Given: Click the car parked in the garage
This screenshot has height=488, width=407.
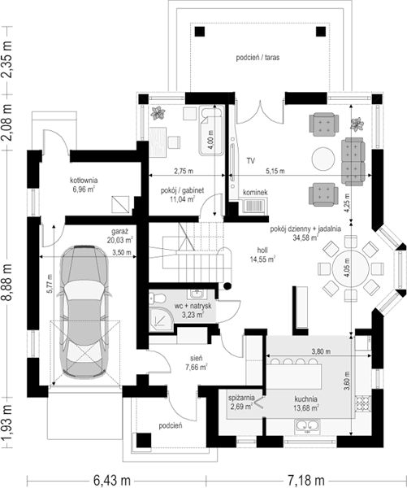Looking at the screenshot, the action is click(x=84, y=312).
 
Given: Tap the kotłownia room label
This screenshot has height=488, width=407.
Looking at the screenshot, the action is click(x=84, y=185).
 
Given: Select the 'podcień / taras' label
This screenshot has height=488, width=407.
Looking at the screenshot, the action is click(x=258, y=57).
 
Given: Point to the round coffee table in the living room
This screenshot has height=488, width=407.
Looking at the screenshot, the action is click(x=323, y=159).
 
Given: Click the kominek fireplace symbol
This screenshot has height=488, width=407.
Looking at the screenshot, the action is click(x=254, y=206).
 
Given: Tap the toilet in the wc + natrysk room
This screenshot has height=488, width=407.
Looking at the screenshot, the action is click(x=158, y=298).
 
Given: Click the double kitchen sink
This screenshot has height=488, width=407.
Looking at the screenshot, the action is click(x=307, y=425).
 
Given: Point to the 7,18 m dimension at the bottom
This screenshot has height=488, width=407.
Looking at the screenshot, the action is click(x=306, y=480).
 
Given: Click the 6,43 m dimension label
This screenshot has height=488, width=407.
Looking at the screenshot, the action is click(x=111, y=480).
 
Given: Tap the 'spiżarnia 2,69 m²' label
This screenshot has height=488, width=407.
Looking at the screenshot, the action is click(x=241, y=402).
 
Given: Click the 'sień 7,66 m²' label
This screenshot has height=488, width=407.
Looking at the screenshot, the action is click(x=197, y=364).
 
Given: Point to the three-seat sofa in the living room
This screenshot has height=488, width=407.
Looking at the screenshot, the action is click(x=353, y=162).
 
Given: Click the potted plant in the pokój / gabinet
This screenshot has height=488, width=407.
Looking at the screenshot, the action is click(x=158, y=113).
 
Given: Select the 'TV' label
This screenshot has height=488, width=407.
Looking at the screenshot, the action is click(x=251, y=161).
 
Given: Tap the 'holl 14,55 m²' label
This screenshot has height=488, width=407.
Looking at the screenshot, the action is click(x=262, y=255).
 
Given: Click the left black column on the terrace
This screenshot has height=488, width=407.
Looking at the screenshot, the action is click(x=200, y=32).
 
